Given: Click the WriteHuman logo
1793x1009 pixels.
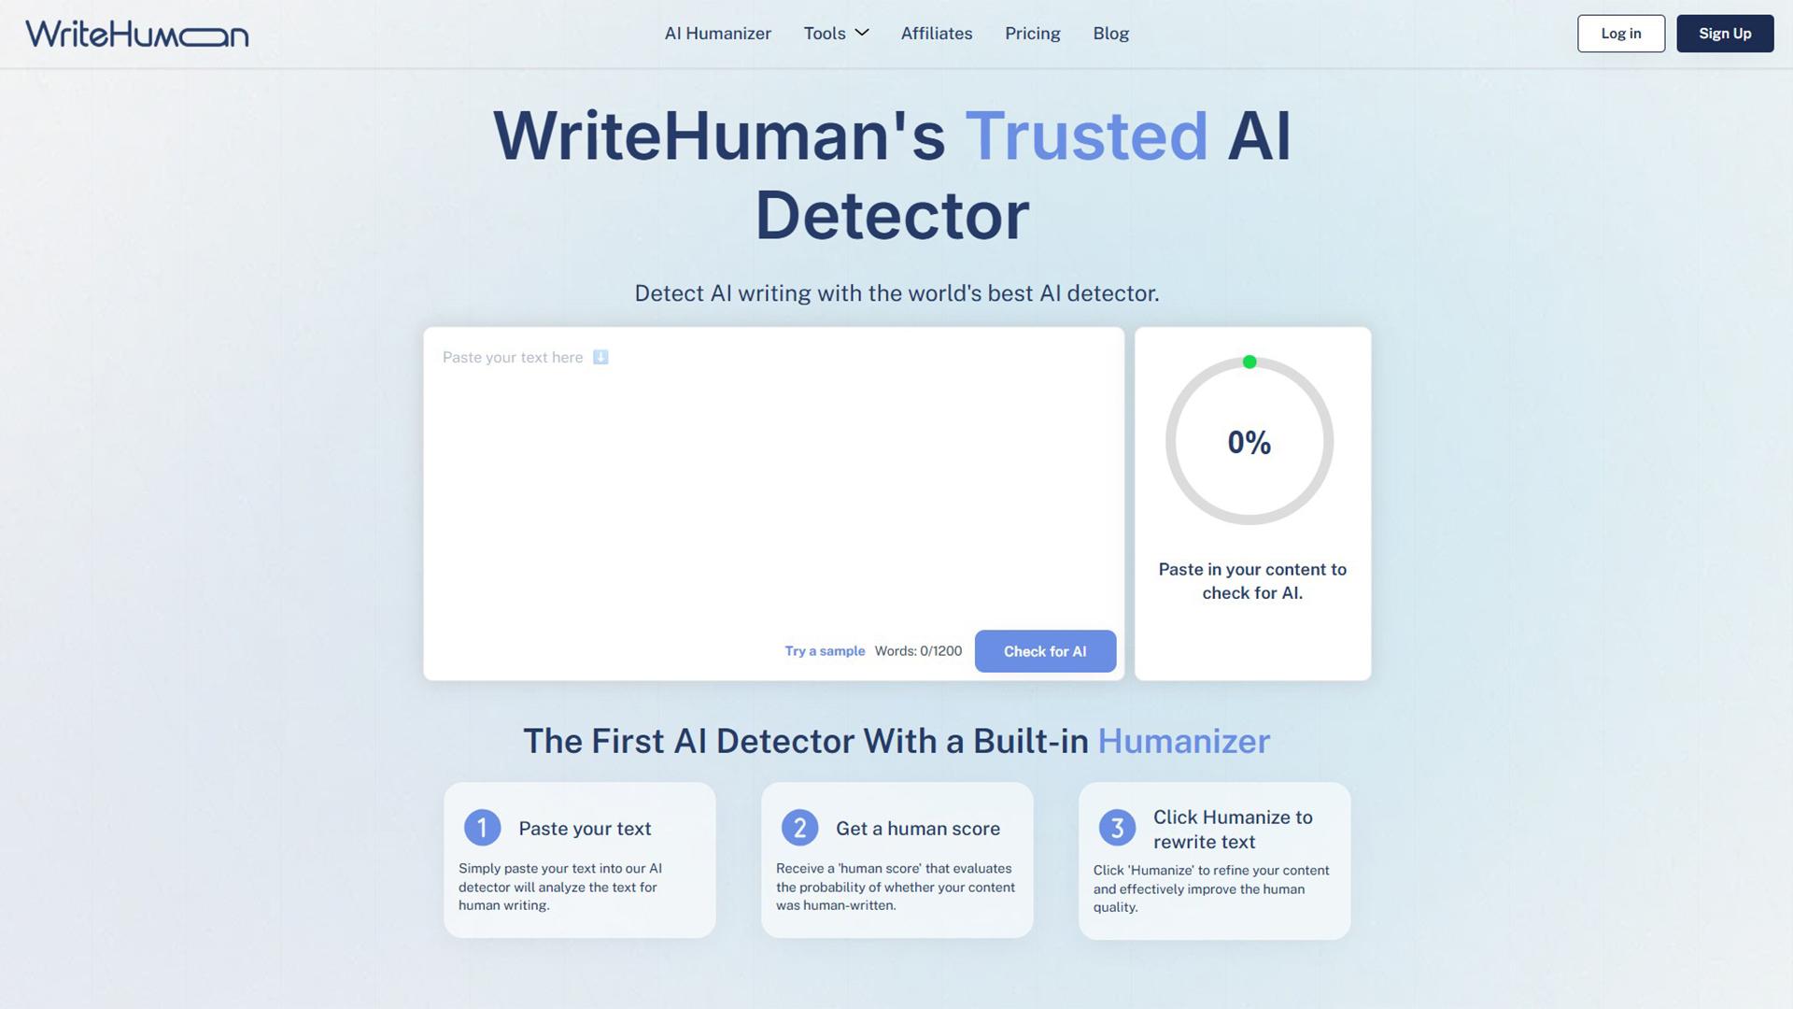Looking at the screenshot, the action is click(x=137, y=34).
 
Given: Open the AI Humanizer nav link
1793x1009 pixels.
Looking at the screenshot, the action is click(x=717, y=34).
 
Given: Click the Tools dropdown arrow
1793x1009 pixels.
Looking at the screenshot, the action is click(x=862, y=33).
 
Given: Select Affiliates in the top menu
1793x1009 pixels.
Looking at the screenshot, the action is click(x=937, y=34).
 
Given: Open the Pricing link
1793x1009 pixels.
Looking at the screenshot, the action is click(x=1033, y=34).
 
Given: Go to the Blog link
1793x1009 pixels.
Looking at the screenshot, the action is click(x=1111, y=34).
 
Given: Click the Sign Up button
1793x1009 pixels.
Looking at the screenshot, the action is click(x=1725, y=34).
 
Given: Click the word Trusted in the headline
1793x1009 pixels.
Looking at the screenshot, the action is click(x=1086, y=135).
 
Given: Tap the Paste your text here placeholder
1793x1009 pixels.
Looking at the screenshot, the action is click(x=513, y=357).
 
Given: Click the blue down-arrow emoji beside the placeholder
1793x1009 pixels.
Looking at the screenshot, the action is click(x=600, y=357).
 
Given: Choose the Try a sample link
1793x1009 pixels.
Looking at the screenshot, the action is click(x=825, y=651).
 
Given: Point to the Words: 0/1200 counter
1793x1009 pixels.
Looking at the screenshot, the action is click(x=918, y=651).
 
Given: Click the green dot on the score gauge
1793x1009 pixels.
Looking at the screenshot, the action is click(x=1249, y=362).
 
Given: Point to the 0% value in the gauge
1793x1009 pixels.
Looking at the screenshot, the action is click(x=1249, y=442).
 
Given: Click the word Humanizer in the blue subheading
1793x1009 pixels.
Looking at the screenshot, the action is click(x=1183, y=741).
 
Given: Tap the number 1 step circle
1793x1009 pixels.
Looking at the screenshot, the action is click(x=482, y=828).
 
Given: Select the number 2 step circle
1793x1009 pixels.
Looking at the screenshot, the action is click(x=799, y=828).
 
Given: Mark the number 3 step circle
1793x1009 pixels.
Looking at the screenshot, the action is click(x=1117, y=828).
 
